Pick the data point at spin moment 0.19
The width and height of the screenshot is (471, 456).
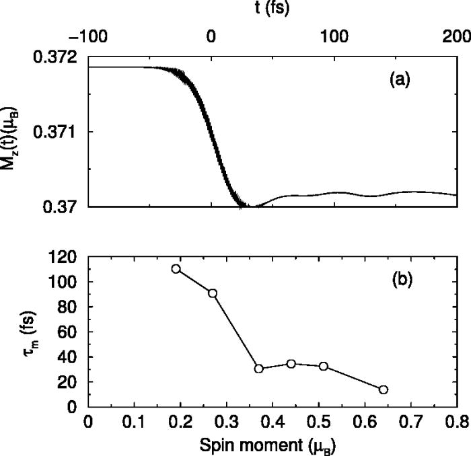[176, 269]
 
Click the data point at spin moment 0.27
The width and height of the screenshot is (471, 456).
[213, 293]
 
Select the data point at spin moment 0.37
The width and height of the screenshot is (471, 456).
[259, 369]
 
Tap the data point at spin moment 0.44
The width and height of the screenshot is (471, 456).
[291, 364]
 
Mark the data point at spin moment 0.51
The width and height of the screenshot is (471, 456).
[324, 367]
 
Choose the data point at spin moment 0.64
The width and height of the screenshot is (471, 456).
[384, 389]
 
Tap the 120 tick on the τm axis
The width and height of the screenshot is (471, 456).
[65, 257]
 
